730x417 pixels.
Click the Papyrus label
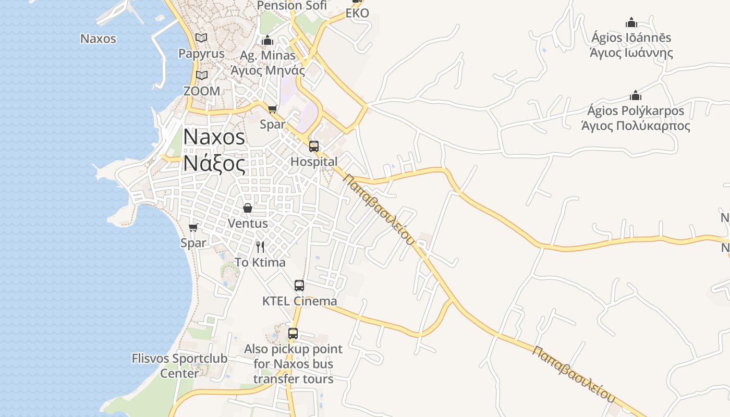click(x=201, y=53)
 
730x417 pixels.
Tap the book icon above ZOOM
click(x=201, y=76)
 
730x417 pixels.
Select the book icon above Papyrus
click(x=201, y=38)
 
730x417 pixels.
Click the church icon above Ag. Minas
click(x=267, y=40)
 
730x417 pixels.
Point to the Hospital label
click(x=314, y=162)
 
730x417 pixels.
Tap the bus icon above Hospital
click(x=313, y=146)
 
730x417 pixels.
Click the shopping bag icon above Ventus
click(x=248, y=208)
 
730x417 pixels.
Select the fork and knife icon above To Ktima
click(x=260, y=247)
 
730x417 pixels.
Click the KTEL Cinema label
click(x=299, y=301)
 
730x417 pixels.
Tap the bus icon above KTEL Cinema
click(x=299, y=285)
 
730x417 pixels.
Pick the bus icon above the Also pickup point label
click(x=293, y=334)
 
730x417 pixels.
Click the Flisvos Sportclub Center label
click(x=179, y=366)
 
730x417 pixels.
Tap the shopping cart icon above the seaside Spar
click(x=193, y=227)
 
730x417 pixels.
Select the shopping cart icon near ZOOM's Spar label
click(x=272, y=109)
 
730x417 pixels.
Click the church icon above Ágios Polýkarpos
click(x=635, y=95)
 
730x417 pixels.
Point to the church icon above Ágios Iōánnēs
click(x=631, y=22)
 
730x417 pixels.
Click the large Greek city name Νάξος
click(x=214, y=164)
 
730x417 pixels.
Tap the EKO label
click(x=357, y=13)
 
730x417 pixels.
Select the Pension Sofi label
click(x=292, y=6)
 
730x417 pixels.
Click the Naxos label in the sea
click(x=98, y=39)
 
